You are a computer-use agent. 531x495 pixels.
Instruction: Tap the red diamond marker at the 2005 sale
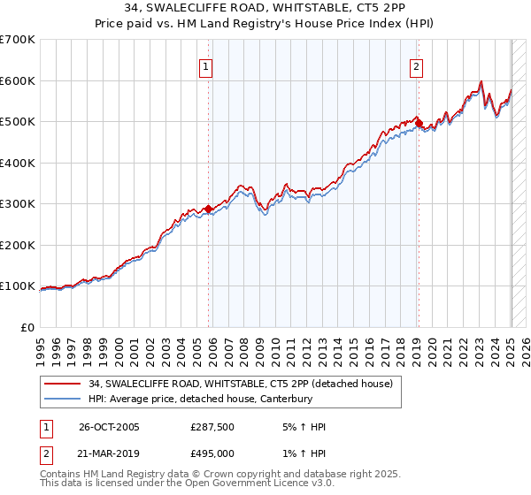click(209, 209)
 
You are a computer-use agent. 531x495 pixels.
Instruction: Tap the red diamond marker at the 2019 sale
click(419, 124)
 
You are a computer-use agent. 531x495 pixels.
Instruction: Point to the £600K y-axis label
click(18, 80)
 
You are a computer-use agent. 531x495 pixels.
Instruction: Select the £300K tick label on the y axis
click(18, 203)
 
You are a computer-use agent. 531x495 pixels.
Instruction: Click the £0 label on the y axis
click(27, 327)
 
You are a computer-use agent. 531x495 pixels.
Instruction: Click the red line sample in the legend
click(63, 383)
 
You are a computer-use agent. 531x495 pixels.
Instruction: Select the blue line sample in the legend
click(63, 399)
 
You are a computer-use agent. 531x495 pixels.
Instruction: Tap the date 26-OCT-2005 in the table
click(109, 427)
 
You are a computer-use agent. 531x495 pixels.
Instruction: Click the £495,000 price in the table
click(212, 453)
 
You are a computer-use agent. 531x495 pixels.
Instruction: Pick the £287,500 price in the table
click(212, 427)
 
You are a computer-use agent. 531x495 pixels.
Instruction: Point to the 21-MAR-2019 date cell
click(109, 453)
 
